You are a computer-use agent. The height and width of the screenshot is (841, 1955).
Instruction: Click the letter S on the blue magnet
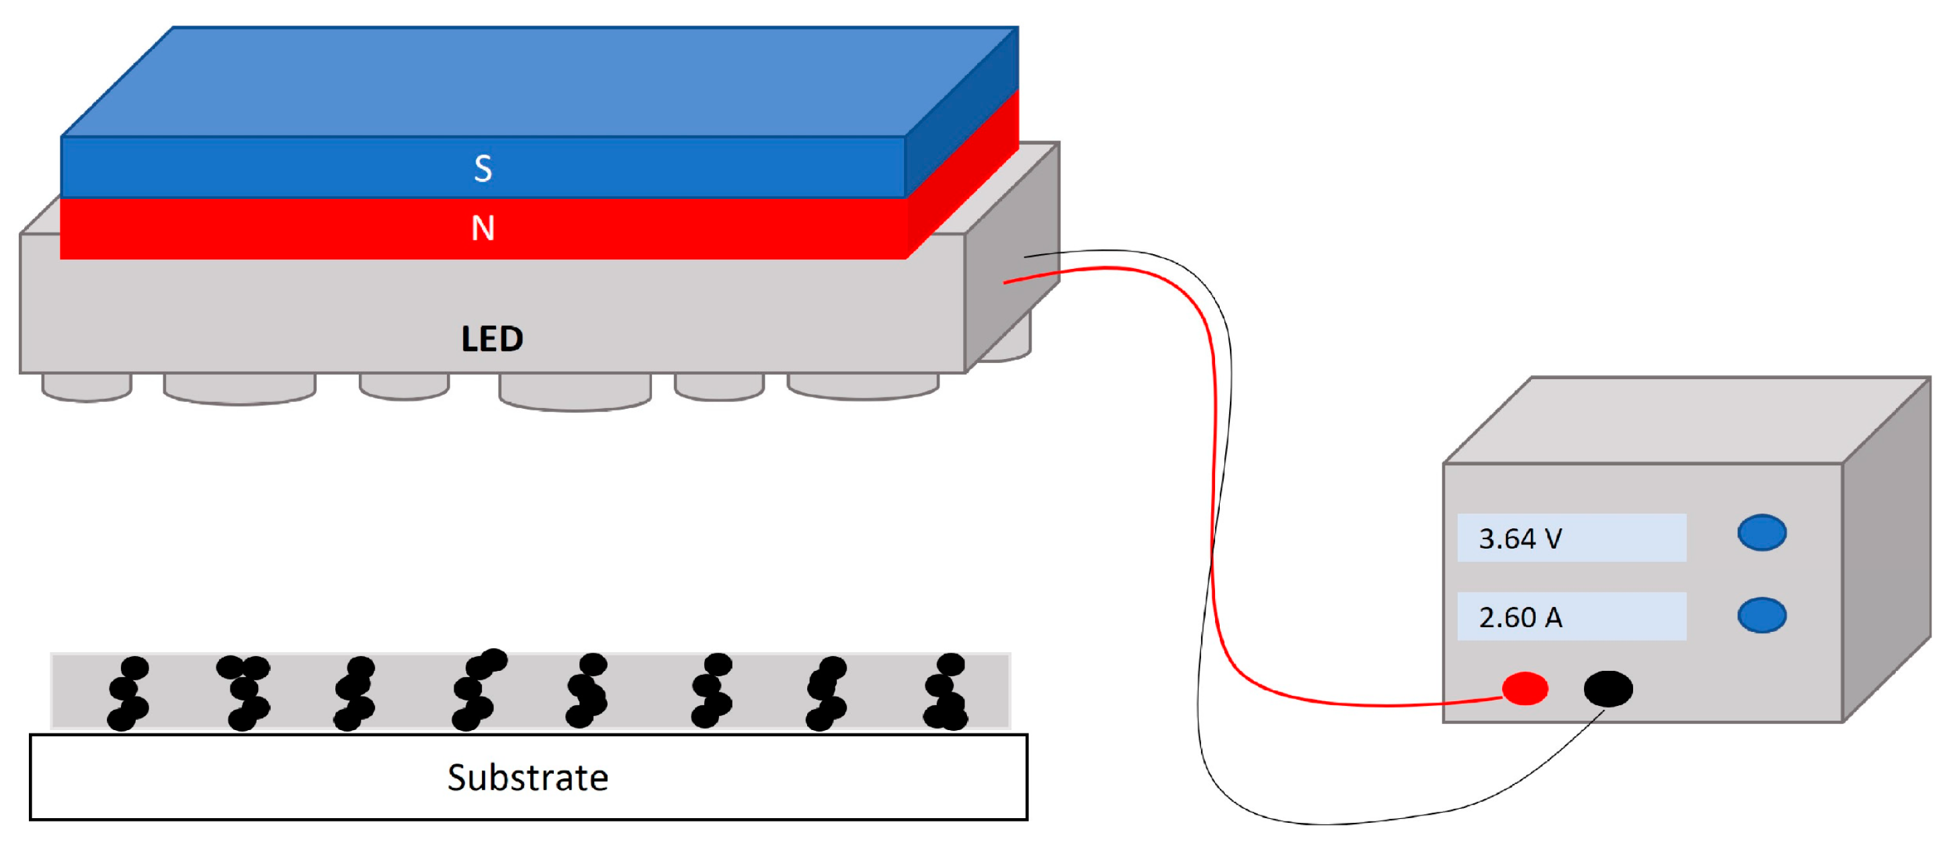(483, 169)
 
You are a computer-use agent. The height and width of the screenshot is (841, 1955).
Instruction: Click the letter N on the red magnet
(483, 229)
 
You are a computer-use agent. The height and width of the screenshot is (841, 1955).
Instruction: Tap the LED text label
(492, 339)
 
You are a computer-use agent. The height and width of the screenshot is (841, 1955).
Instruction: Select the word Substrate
(528, 778)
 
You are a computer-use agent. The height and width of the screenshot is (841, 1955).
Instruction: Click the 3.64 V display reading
(1520, 539)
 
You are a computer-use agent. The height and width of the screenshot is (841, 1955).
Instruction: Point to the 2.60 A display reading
(1520, 617)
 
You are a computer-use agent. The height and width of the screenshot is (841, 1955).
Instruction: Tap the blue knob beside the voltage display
(1761, 533)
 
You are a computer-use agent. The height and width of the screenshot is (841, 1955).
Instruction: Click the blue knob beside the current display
(1761, 616)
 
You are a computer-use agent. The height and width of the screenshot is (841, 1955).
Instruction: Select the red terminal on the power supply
(1525, 689)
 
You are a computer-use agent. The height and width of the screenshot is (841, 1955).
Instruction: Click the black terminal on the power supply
(1608, 689)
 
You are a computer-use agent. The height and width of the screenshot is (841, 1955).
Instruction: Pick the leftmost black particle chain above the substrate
(128, 692)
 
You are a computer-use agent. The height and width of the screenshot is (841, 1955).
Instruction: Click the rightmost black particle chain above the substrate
(946, 692)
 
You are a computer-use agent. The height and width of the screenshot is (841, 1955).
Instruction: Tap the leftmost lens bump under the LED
(87, 387)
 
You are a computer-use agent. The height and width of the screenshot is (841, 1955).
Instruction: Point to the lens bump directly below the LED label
(575, 392)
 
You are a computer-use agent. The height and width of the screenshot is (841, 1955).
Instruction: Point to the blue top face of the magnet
(539, 80)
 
